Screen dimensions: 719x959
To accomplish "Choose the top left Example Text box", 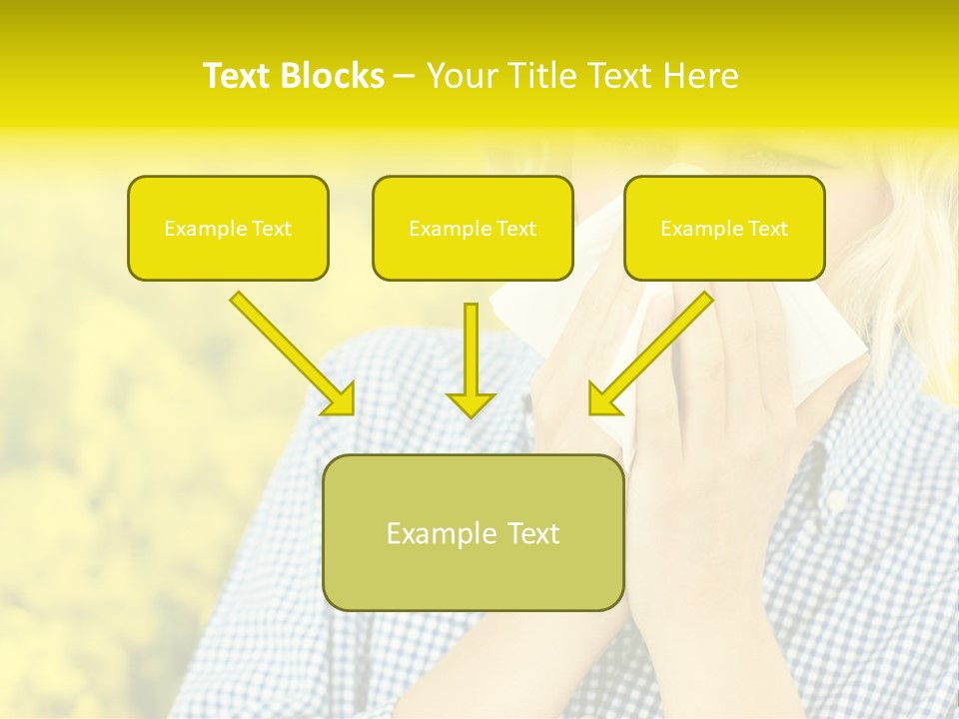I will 228,228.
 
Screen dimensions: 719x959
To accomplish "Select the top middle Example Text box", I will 473,228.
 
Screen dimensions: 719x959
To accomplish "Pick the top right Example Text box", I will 724,228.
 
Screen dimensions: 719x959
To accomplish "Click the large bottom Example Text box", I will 473,532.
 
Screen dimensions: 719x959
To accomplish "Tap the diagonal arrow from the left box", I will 290,351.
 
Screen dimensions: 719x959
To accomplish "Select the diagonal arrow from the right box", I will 653,351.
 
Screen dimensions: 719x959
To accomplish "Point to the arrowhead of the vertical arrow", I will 471,404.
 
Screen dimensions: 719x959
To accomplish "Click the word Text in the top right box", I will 767,229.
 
